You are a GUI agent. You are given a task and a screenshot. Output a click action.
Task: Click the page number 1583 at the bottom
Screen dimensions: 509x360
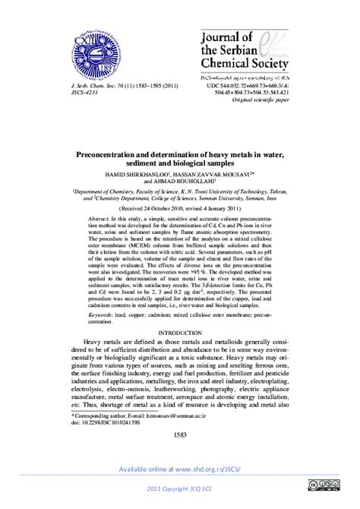[x=179, y=434]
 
